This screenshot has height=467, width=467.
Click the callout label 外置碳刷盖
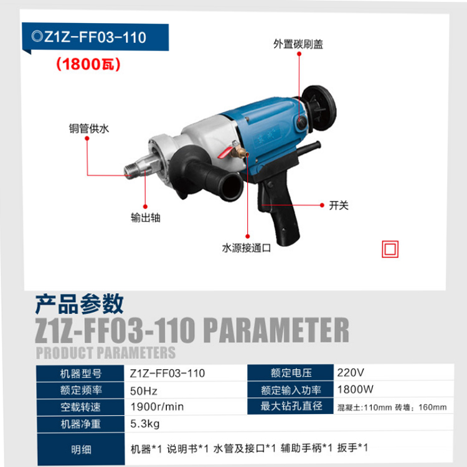pyautogui.click(x=298, y=44)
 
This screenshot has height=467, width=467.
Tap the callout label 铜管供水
pyautogui.click(x=89, y=129)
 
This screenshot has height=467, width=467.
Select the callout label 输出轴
pyautogui.click(x=146, y=218)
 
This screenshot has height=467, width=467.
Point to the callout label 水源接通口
pyautogui.click(x=247, y=248)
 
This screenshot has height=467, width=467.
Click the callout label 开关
pyautogui.click(x=339, y=205)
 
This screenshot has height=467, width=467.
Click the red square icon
pyautogui.click(x=390, y=249)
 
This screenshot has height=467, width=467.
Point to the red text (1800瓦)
pyautogui.click(x=88, y=64)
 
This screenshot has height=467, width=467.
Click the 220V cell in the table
pyautogui.click(x=351, y=372)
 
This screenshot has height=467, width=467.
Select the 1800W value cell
pyautogui.click(x=355, y=389)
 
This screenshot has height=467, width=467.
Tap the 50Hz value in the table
pyautogui.click(x=144, y=391)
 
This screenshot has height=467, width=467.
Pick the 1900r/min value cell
pyautogui.click(x=157, y=407)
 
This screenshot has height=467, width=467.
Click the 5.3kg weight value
pyautogui.click(x=144, y=423)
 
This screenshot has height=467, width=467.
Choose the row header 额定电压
pyautogui.click(x=291, y=372)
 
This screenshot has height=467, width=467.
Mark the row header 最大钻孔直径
pyautogui.click(x=291, y=406)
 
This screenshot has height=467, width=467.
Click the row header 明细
pyautogui.click(x=81, y=449)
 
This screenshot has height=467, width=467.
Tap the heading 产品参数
pyautogui.click(x=79, y=304)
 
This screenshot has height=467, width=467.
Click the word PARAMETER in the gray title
pyautogui.click(x=276, y=330)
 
